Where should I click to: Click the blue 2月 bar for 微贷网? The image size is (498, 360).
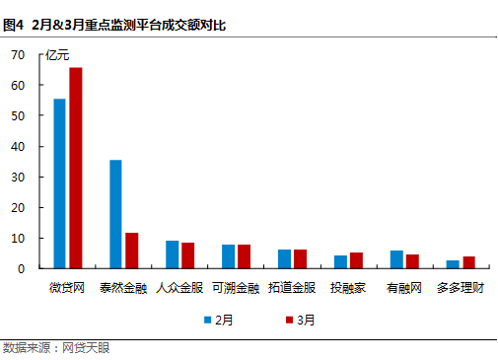60,183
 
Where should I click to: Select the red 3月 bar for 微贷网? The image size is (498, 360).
75,168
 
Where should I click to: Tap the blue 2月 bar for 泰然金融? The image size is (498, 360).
115,214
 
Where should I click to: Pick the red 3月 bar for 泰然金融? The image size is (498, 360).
131,251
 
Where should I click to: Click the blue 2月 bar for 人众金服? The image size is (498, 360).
172,254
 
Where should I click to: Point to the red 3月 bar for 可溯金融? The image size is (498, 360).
244,256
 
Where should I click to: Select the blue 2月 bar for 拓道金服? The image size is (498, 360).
284,258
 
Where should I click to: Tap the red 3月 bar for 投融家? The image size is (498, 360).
356,260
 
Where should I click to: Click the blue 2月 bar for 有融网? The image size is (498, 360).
396,259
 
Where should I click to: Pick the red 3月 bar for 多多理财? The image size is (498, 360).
468,262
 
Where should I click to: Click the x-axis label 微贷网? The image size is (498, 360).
68,288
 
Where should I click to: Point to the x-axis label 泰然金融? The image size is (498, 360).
123,288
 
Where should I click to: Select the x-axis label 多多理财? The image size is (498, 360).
461,288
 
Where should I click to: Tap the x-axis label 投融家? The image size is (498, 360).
348,288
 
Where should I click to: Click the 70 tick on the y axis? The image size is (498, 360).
18,55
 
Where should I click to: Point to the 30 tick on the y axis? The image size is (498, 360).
18,178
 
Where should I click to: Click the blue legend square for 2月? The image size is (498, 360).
209,320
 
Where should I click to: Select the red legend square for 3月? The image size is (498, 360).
289,320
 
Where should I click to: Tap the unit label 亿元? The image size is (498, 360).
59,55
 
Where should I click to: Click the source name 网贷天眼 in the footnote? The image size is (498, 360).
87,348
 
